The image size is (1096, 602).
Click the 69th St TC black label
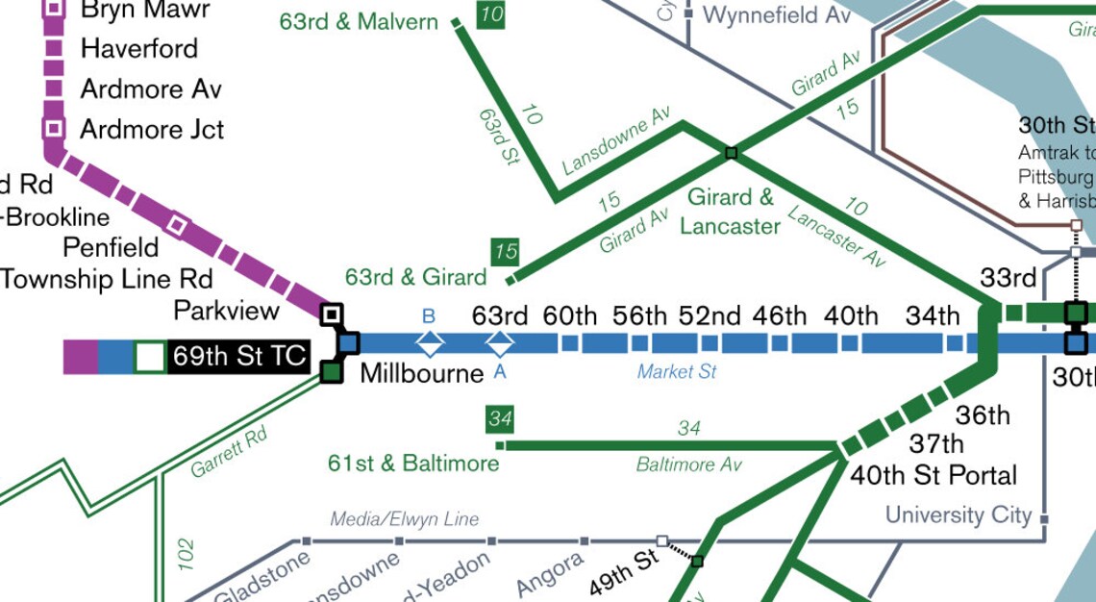[x=239, y=357]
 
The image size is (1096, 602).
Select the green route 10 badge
[x=490, y=15]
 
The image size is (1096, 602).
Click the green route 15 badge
[x=505, y=252]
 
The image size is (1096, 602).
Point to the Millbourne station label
[x=421, y=373]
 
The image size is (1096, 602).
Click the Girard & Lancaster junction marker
[x=731, y=153]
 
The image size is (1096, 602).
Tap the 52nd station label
[x=710, y=316]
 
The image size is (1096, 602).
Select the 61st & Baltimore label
[x=413, y=464]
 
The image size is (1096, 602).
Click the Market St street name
[x=677, y=371]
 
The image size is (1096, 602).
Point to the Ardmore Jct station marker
[x=54, y=128]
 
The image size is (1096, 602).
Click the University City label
[x=958, y=515]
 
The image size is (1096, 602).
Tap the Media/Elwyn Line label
[x=404, y=519]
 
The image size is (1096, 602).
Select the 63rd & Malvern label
[x=359, y=21]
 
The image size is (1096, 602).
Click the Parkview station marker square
[x=332, y=314]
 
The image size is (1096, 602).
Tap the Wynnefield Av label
[x=777, y=14]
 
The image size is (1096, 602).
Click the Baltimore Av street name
[x=688, y=465]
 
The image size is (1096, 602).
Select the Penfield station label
[x=111, y=247]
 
